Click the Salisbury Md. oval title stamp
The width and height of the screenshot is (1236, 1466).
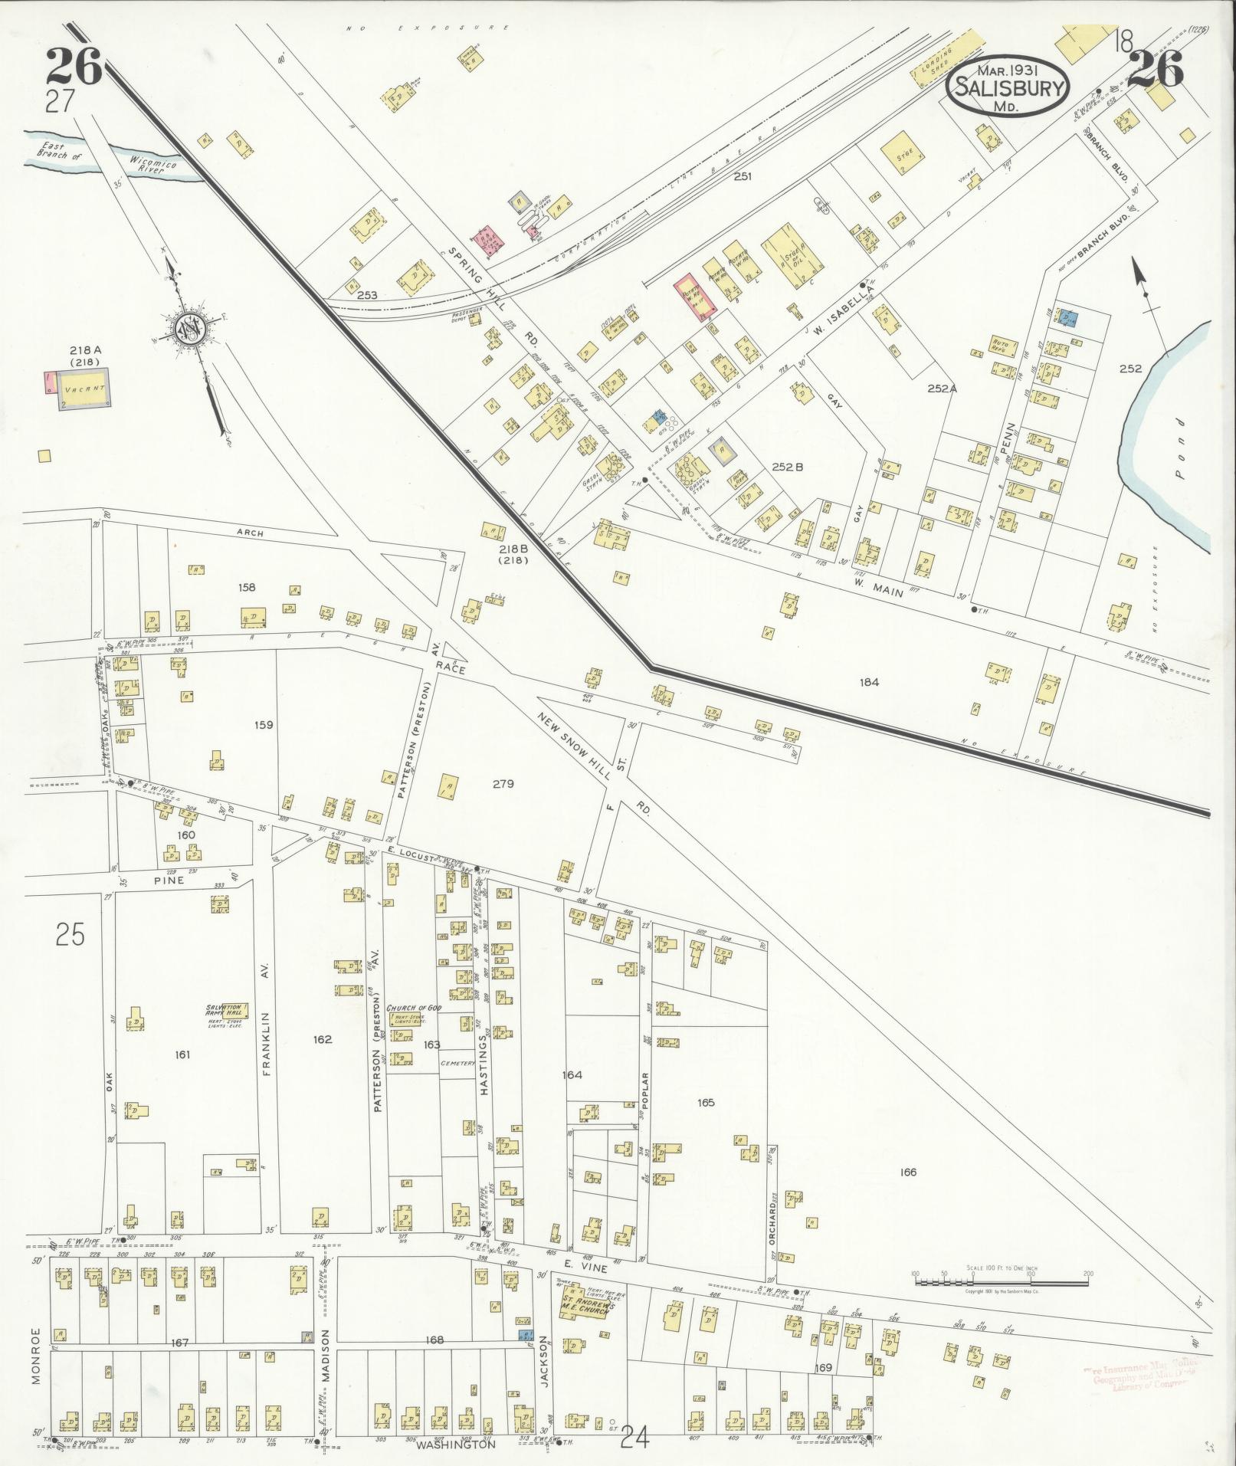click(1008, 87)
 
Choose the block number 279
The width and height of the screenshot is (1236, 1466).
click(503, 783)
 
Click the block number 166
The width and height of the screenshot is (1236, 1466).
click(909, 1172)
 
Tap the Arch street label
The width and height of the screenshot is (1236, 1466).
click(250, 530)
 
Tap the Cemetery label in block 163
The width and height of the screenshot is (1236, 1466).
click(458, 1064)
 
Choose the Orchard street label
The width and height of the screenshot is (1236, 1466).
click(774, 1227)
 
